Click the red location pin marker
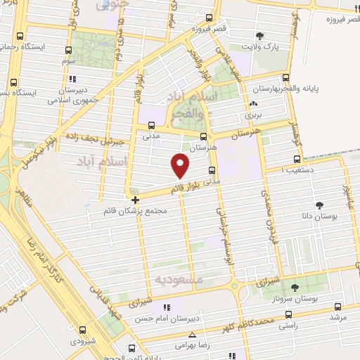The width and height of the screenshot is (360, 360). [181, 165]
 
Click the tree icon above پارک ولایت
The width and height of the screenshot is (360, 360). [261, 35]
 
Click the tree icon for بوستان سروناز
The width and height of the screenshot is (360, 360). [295, 287]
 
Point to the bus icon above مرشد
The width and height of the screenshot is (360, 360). [337, 307]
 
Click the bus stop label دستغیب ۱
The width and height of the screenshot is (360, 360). [297, 169]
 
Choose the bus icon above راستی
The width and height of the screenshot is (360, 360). [288, 315]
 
